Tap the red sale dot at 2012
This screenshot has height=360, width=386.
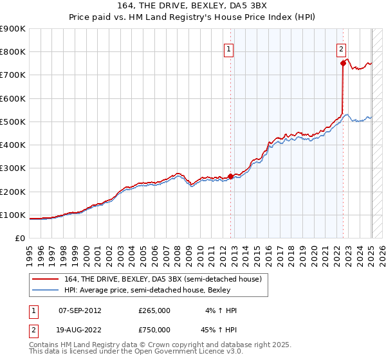tap(231, 176)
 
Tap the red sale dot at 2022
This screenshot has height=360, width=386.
tap(343, 63)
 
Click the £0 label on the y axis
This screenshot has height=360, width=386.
tap(19, 238)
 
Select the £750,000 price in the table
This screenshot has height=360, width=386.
tap(154, 330)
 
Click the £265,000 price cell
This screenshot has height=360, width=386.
tap(154, 310)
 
